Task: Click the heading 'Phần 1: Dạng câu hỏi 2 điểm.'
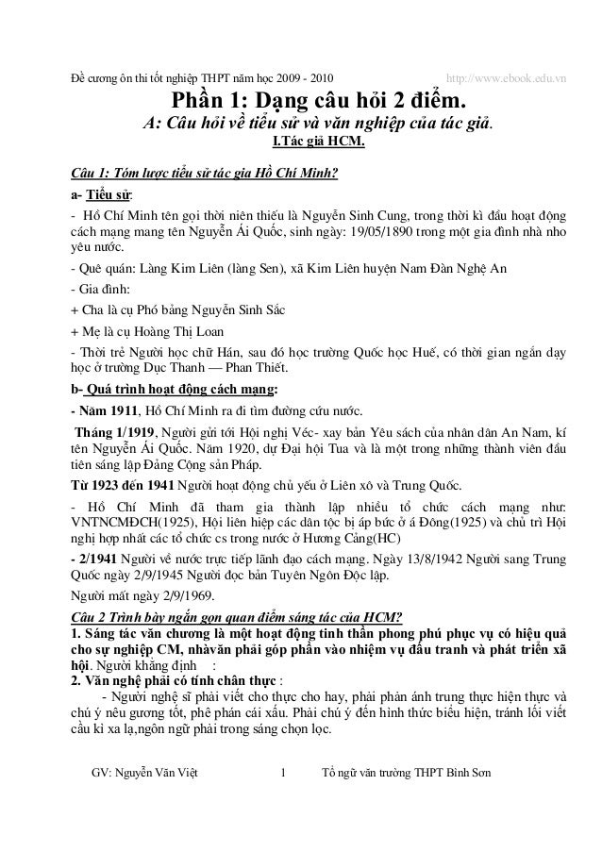coord(317,100)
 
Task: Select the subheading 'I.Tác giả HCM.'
coord(318,142)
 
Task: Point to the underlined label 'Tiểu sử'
coord(106,196)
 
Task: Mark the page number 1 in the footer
coord(284,775)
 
